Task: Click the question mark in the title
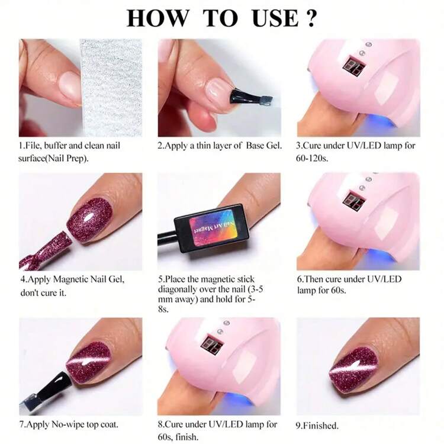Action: point(310,18)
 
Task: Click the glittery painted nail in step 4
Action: point(88,220)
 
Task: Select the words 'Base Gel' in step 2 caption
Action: point(263,146)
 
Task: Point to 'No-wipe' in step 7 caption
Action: point(66,424)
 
